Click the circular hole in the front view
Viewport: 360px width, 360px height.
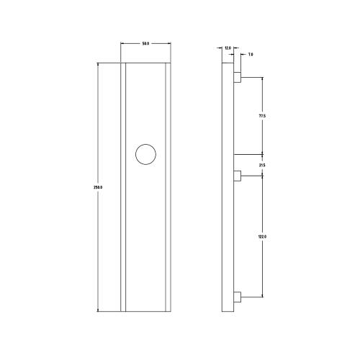145,154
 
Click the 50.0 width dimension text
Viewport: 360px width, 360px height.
145,45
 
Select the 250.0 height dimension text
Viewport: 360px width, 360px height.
98,187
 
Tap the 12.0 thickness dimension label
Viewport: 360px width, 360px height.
228,48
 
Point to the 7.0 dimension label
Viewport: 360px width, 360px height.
250,54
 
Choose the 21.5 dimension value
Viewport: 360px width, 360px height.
262,166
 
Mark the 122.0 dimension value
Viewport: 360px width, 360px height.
262,236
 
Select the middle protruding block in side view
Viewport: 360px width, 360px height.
238,175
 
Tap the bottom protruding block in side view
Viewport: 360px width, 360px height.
238,297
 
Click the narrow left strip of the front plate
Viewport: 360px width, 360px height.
123,187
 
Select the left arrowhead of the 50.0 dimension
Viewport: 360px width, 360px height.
122,45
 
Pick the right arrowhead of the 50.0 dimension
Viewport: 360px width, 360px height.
170,45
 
